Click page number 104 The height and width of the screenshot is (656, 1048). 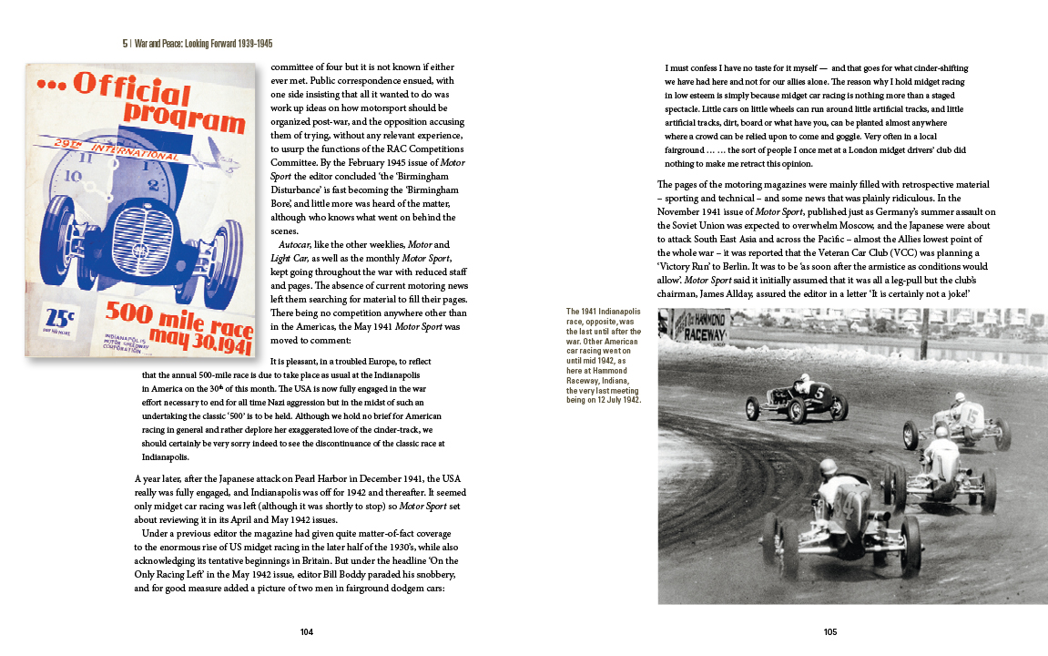pyautogui.click(x=306, y=631)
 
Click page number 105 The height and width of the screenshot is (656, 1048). pyautogui.click(x=829, y=631)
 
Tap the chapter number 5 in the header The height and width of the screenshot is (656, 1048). pyautogui.click(x=126, y=43)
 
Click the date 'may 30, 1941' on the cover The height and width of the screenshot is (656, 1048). pyautogui.click(x=188, y=336)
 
